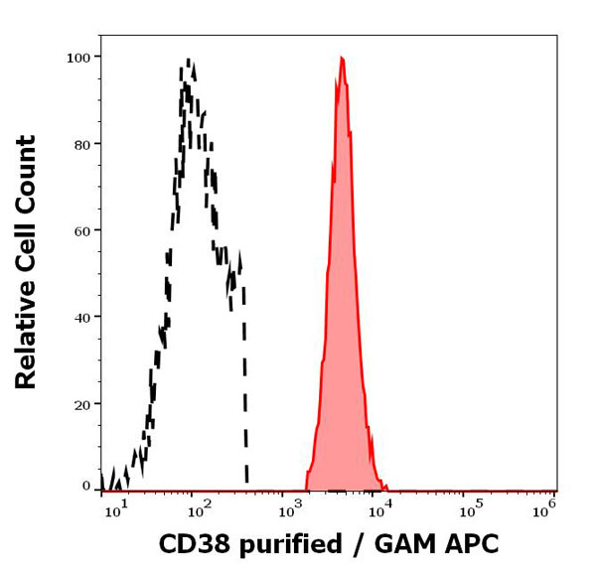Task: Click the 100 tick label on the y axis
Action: (x=79, y=57)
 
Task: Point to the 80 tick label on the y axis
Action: (x=83, y=144)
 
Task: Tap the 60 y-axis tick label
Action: (x=83, y=230)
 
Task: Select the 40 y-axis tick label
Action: (x=83, y=317)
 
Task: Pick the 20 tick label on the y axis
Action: (x=83, y=404)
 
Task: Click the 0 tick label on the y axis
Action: (x=86, y=487)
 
